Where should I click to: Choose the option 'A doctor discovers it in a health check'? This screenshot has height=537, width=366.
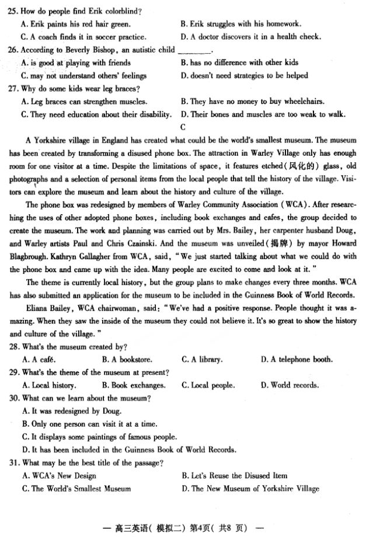(251, 37)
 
